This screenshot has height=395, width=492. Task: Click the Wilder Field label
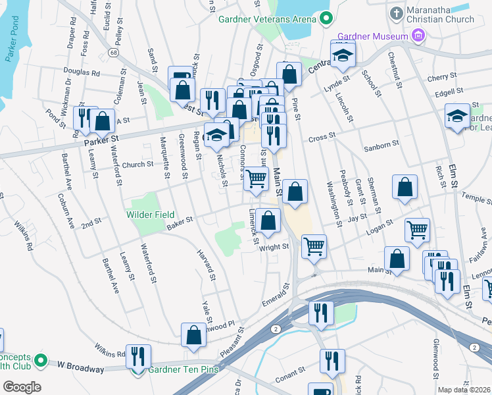tap(151, 215)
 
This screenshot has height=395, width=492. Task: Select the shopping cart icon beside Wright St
tap(314, 246)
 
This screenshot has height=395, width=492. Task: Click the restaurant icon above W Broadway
tap(138, 356)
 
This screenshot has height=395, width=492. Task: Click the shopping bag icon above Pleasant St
tap(194, 335)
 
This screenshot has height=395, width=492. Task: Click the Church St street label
tap(137, 165)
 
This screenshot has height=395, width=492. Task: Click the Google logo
tap(22, 387)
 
